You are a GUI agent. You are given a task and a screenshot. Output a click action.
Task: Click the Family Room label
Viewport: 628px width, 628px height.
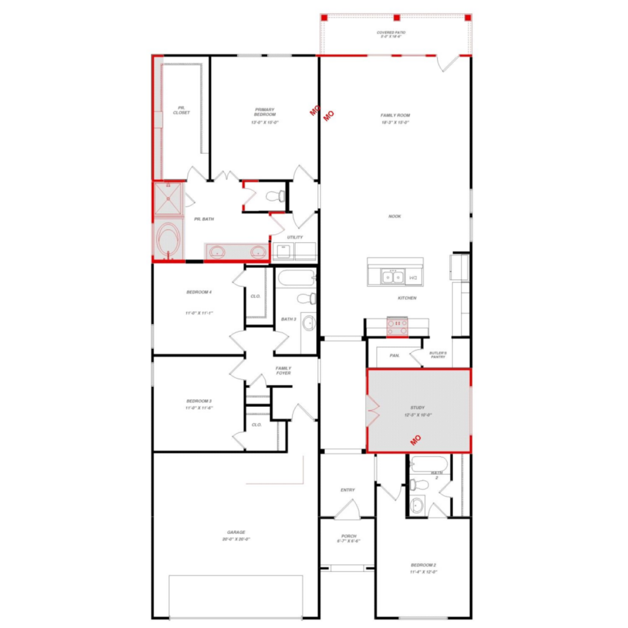(x=395, y=115)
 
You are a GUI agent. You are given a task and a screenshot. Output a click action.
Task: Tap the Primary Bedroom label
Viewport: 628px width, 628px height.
(x=265, y=112)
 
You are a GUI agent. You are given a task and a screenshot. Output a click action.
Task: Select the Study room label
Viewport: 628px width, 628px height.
(x=417, y=408)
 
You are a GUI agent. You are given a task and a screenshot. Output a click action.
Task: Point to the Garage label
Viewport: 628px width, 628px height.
(x=236, y=532)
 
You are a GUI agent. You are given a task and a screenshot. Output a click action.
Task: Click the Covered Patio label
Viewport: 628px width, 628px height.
(x=391, y=33)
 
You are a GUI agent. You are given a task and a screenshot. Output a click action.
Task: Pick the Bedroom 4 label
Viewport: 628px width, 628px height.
(x=199, y=292)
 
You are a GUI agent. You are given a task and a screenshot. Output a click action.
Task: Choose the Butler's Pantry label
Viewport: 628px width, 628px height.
(x=438, y=355)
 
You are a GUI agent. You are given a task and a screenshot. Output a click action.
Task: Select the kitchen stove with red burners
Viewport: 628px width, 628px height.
(x=397, y=326)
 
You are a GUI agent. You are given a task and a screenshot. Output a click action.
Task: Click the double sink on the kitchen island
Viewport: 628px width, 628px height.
(x=392, y=277)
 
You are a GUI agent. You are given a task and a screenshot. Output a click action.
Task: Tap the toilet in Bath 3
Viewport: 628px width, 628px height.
(x=306, y=298)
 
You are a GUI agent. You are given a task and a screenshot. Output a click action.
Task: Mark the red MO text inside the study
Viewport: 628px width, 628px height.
(x=415, y=440)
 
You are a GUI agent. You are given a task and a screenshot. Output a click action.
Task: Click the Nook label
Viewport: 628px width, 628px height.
(x=394, y=216)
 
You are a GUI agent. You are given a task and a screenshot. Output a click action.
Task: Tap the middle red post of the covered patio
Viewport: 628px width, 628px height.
(x=397, y=18)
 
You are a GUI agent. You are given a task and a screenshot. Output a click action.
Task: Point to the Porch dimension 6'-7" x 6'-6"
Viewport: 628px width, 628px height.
(x=348, y=541)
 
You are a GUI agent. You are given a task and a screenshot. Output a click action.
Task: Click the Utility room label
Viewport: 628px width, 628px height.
(x=295, y=237)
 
